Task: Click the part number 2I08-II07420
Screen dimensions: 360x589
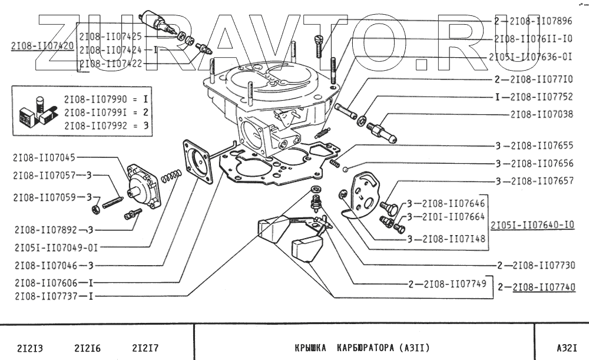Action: tap(42, 45)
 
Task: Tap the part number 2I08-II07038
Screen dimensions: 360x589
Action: tap(541, 114)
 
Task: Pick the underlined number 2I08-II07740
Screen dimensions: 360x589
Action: tap(544, 288)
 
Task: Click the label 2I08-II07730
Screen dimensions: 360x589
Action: tap(544, 266)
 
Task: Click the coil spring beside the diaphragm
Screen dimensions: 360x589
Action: tap(170, 176)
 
